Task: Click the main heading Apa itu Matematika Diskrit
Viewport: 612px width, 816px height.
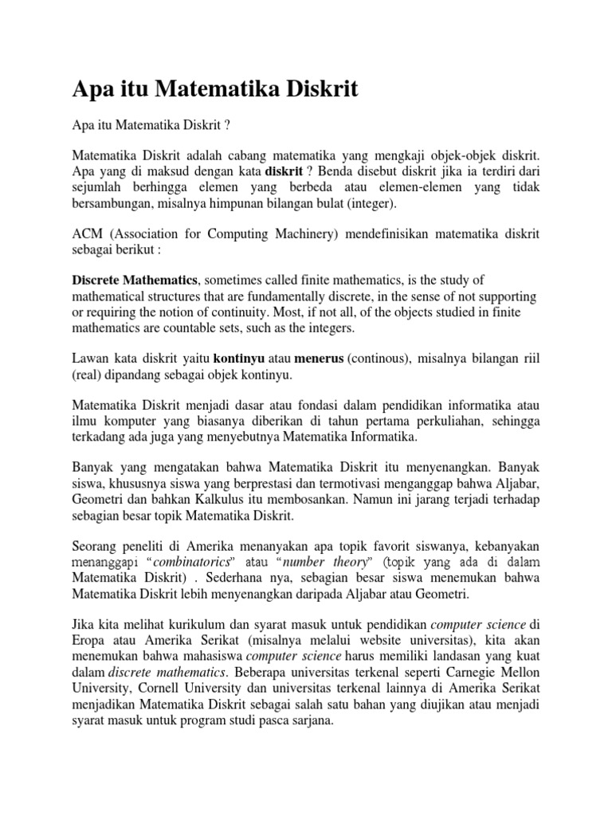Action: tap(214, 89)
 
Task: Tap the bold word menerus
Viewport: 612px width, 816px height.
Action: tap(316, 359)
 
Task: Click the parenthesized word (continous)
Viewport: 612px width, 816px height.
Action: tap(379, 359)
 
